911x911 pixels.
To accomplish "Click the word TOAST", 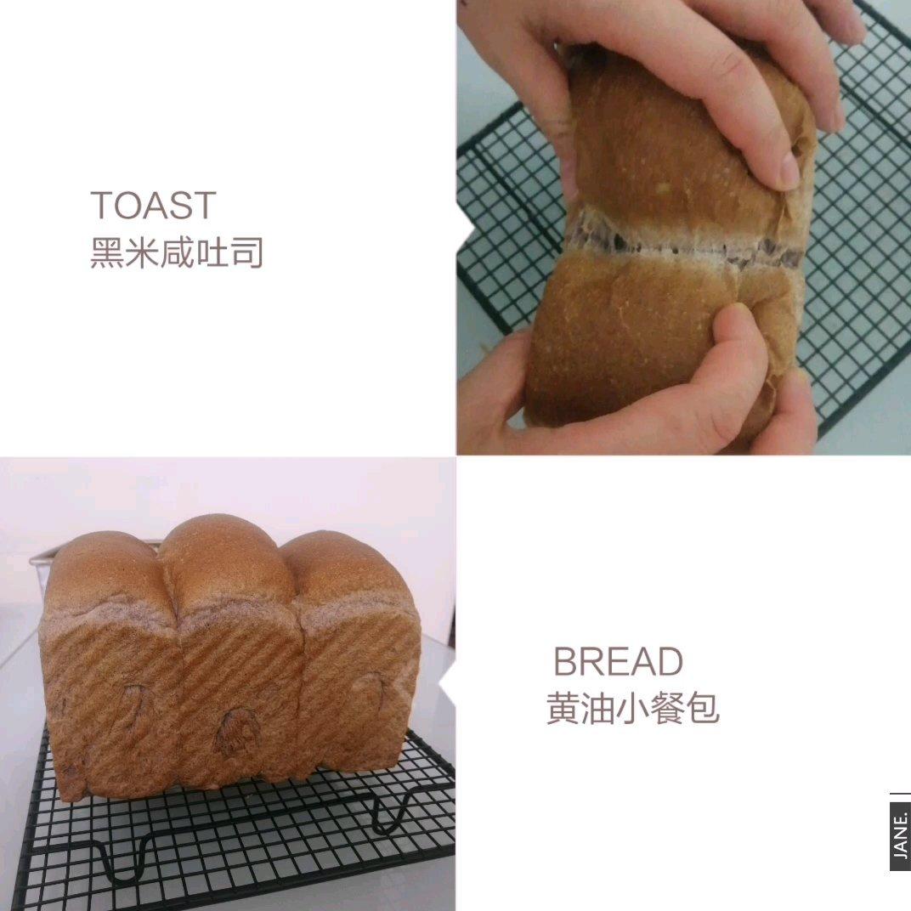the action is [x=153, y=205].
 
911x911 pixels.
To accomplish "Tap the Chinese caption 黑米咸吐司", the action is [x=178, y=252].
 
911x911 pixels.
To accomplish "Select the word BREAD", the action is [x=618, y=661].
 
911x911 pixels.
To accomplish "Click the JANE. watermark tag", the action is [x=899, y=831].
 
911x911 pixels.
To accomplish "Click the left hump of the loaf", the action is [x=105, y=575].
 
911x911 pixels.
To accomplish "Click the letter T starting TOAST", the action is [x=102, y=205].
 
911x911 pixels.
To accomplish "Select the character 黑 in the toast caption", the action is [x=107, y=252].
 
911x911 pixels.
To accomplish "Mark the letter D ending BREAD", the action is [x=671, y=661].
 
